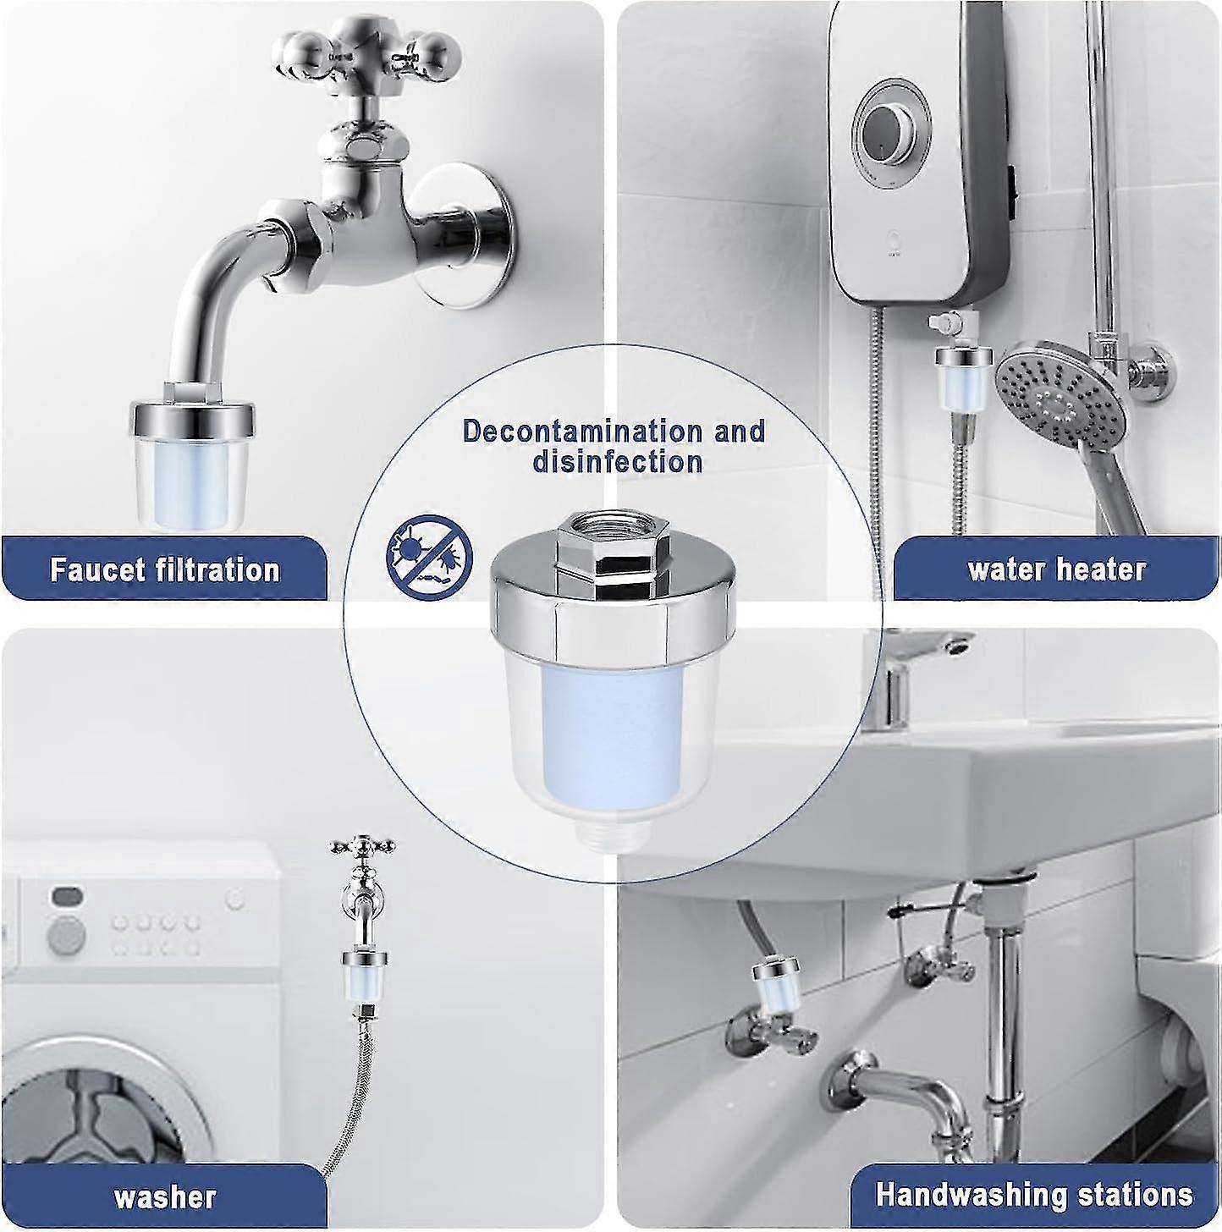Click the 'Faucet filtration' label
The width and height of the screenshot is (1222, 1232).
click(x=164, y=569)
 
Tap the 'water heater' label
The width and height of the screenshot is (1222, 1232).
click(x=1056, y=569)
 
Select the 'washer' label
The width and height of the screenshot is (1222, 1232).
click(x=164, y=1197)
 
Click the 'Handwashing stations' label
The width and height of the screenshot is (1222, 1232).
click(x=1034, y=1195)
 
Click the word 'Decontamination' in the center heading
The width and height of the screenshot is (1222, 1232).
click(x=582, y=431)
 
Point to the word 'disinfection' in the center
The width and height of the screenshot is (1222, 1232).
click(x=617, y=462)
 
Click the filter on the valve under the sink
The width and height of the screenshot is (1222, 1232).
click(x=773, y=985)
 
